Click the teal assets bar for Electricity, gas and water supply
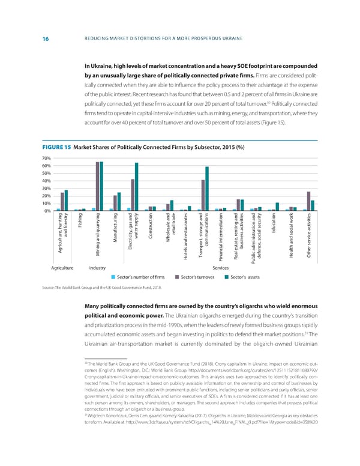[137, 178]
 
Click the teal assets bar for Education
[277, 207]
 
